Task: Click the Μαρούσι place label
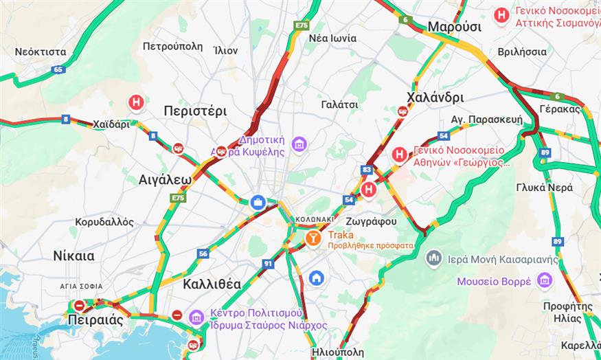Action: pyautogui.click(x=454, y=27)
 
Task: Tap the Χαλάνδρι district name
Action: pyautogui.click(x=435, y=97)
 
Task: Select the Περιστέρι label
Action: pyautogui.click(x=195, y=111)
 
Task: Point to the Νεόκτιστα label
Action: pyautogui.click(x=41, y=52)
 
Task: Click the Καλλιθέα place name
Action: pyautogui.click(x=212, y=283)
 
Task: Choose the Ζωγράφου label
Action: pyautogui.click(x=372, y=222)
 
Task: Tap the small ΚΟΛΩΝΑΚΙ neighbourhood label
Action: pyautogui.click(x=315, y=218)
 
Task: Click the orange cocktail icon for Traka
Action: pyautogui.click(x=313, y=238)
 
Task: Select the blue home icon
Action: pyautogui.click(x=316, y=278)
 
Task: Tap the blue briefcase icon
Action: pyautogui.click(x=258, y=202)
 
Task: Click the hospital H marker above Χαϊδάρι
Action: pyautogui.click(x=137, y=103)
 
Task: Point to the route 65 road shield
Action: pyautogui.click(x=58, y=69)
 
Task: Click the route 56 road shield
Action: pyautogui.click(x=203, y=254)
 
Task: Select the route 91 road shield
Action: pyautogui.click(x=268, y=263)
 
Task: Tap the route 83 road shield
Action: pyautogui.click(x=366, y=169)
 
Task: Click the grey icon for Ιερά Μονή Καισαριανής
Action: pyautogui.click(x=433, y=258)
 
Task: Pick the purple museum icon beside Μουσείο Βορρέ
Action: pyautogui.click(x=545, y=280)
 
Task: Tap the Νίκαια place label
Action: pyautogui.click(x=73, y=256)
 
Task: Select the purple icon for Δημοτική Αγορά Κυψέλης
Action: pyautogui.click(x=299, y=144)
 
